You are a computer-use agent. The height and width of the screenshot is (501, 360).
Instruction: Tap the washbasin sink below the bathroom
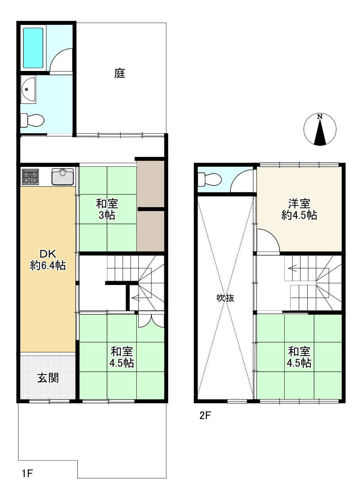pos(28,90)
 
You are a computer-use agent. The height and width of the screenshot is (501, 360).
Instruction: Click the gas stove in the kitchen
pos(30,177)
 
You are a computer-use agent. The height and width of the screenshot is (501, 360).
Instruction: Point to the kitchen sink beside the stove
pos(63,176)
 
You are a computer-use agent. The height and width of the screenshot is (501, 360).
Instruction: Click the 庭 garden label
pos(120,73)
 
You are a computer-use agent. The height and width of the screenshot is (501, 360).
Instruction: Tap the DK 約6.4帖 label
pos(48,260)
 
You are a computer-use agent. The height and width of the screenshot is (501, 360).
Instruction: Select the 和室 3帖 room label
pos(107,210)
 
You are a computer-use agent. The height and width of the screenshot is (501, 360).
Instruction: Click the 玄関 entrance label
pos(48,378)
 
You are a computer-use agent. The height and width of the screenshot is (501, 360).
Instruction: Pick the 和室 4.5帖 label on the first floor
pos(122,357)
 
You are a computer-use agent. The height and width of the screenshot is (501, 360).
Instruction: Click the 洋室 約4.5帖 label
pos(299,209)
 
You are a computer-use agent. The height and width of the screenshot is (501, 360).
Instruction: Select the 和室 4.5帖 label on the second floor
pos(299,357)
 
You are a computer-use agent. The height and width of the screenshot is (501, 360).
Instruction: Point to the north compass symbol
pos(320,129)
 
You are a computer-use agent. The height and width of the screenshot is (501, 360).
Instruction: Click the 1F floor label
pos(27,473)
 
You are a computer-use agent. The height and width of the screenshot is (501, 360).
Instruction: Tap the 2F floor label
pos(205,416)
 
